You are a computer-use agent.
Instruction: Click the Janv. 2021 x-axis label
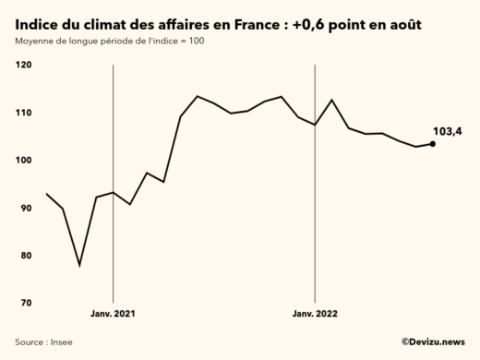pyautogui.click(x=113, y=315)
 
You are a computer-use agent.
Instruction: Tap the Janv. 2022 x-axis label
pyautogui.click(x=315, y=315)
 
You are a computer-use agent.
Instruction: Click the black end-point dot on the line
pyautogui.click(x=433, y=143)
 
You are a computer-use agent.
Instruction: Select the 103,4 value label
pyautogui.click(x=447, y=131)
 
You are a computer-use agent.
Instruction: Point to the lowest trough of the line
pyautogui.click(x=79, y=265)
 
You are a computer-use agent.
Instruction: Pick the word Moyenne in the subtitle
pyautogui.click(x=35, y=42)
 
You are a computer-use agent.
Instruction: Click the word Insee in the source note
pyautogui.click(x=61, y=342)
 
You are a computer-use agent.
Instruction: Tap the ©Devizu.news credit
pyautogui.click(x=432, y=342)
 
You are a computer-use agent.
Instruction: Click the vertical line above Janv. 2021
pyautogui.click(x=113, y=185)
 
